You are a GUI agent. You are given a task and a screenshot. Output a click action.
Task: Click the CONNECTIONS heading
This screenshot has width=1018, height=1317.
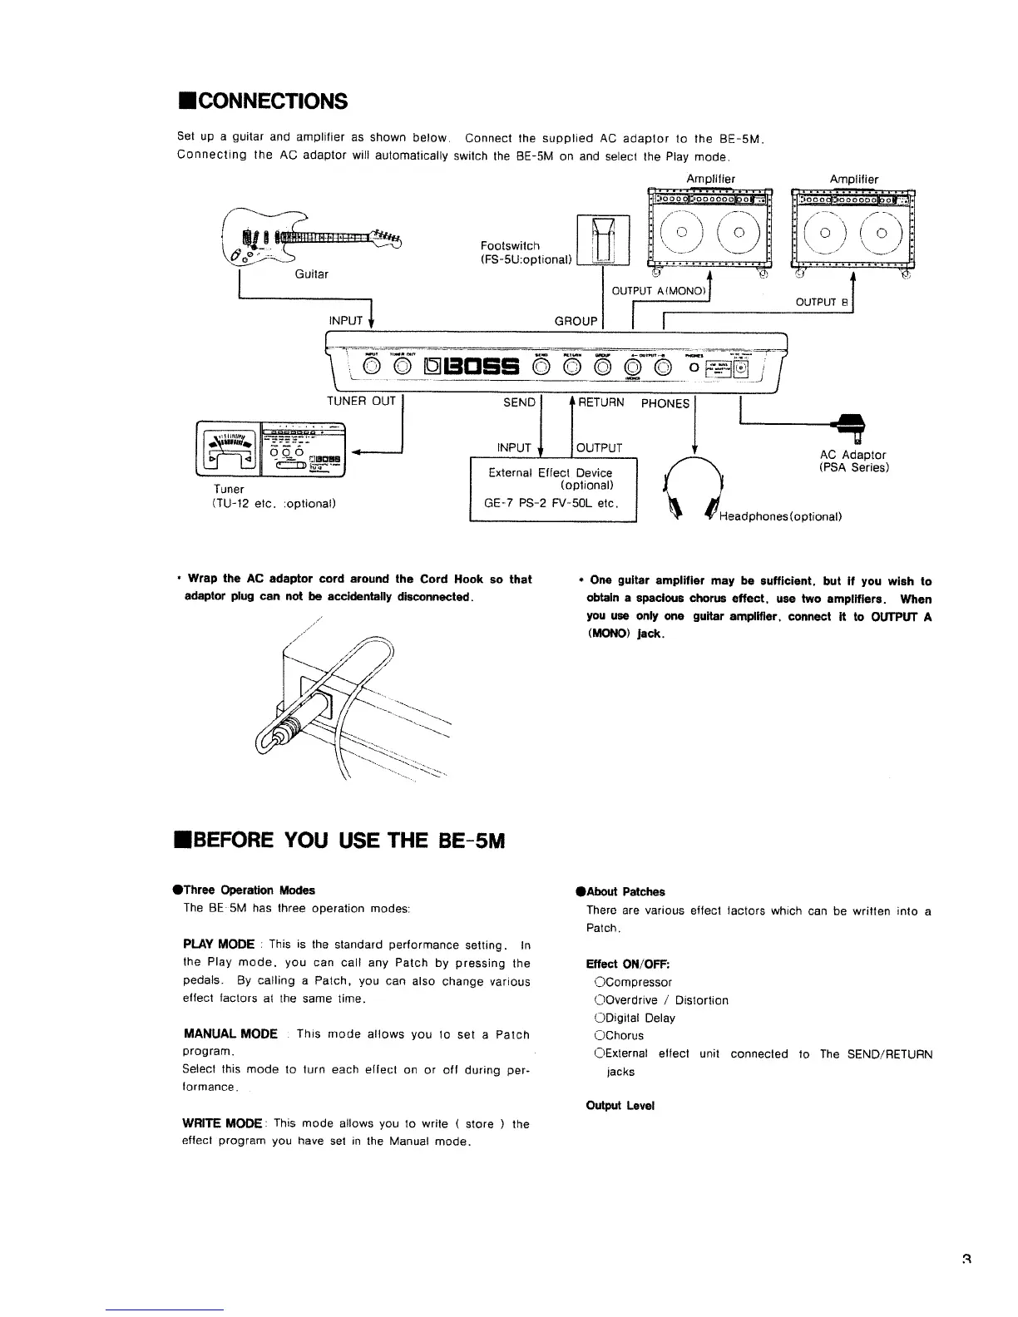[x=262, y=101]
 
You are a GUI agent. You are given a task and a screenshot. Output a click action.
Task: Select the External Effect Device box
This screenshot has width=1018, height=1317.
[x=553, y=488]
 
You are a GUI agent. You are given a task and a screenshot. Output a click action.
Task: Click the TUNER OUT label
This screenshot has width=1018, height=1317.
[x=361, y=402]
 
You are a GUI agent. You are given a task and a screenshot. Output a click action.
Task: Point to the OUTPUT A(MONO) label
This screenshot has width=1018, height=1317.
[x=659, y=290]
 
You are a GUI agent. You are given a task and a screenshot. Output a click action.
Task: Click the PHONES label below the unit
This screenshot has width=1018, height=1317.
[x=665, y=403]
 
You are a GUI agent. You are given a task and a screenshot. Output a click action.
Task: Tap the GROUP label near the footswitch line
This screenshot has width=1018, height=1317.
[x=576, y=321]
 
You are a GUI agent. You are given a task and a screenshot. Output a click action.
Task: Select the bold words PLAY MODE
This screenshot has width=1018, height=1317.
[x=219, y=944]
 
